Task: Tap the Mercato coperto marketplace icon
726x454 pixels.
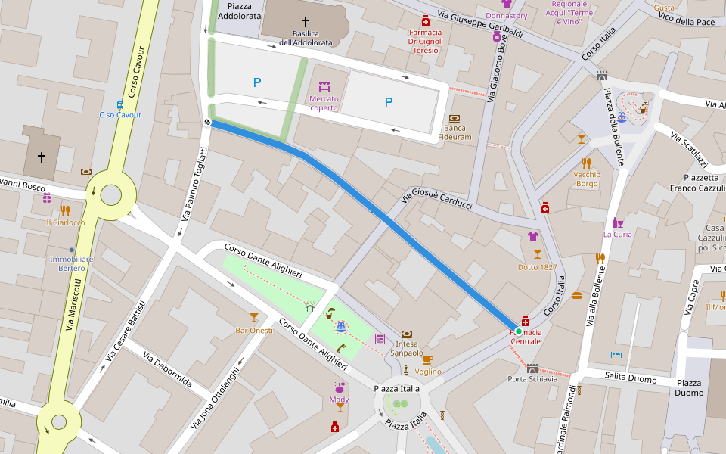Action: click(324, 86)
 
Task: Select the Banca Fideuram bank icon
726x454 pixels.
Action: click(455, 118)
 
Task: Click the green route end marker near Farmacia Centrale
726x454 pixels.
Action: click(519, 331)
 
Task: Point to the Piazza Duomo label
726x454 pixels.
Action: click(690, 387)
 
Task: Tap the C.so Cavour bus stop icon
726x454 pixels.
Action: click(120, 104)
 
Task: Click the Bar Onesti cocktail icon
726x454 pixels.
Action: click(254, 317)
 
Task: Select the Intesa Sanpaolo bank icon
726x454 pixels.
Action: click(407, 334)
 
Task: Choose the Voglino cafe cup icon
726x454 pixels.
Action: click(427, 359)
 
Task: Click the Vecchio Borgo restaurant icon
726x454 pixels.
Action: click(586, 163)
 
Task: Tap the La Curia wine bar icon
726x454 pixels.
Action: click(617, 222)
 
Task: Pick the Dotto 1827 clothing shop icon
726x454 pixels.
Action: click(533, 236)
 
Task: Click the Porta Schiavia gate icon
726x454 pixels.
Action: click(532, 368)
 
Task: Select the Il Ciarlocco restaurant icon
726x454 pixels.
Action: click(66, 211)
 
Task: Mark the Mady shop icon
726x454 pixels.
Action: click(339, 387)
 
